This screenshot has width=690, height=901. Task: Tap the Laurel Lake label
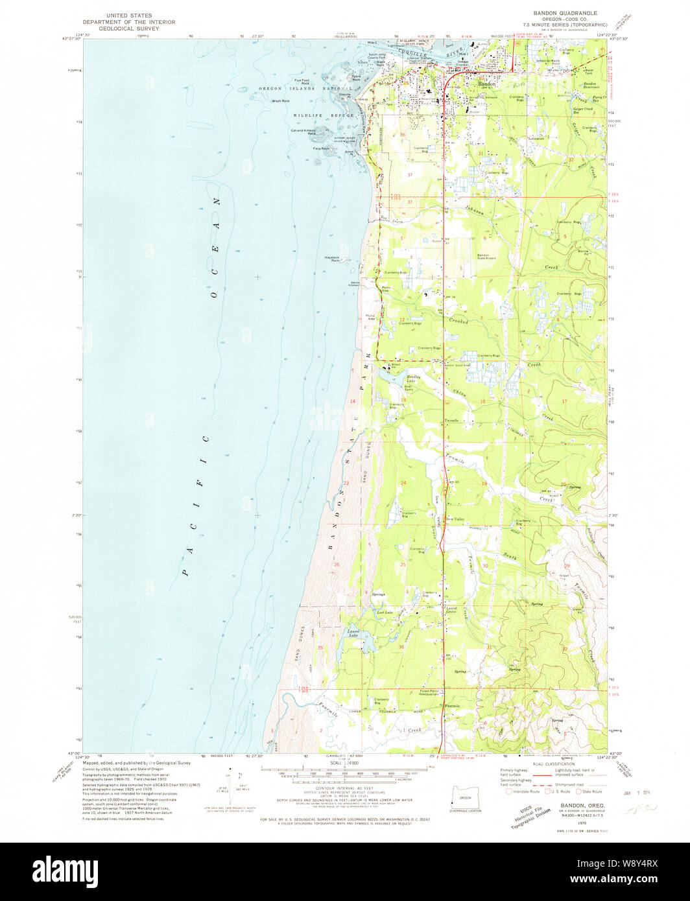[x=353, y=634]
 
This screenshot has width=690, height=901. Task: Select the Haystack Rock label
[x=332, y=259]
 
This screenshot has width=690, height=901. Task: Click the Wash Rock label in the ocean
[x=281, y=101]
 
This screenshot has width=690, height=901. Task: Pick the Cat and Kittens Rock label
[x=303, y=132]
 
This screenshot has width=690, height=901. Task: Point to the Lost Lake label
[x=384, y=612]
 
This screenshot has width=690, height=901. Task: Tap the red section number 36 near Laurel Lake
[x=401, y=646]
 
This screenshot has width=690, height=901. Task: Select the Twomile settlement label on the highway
[x=452, y=421]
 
